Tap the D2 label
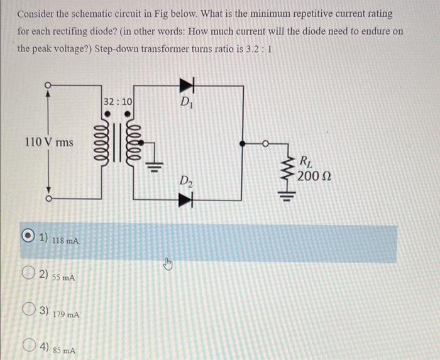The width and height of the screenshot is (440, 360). click(185, 183)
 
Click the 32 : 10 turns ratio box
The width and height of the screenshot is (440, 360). click(118, 101)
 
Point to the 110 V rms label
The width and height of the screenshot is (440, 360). click(48, 142)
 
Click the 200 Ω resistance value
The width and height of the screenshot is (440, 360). click(312, 176)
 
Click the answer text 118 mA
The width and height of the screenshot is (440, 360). click(65, 241)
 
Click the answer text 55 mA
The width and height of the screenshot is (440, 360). click(63, 277)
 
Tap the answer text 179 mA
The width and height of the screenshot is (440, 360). click(66, 314)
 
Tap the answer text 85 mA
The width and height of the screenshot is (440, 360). click(64, 351)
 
